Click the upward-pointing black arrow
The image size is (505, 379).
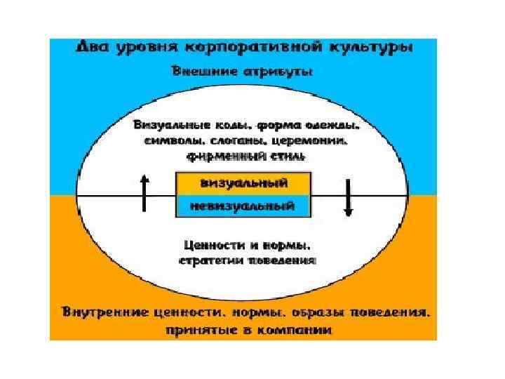coord(144,193)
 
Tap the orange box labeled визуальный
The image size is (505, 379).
coord(243,183)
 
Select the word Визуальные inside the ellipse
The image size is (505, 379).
coord(172,126)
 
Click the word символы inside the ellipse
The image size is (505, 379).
coord(169,142)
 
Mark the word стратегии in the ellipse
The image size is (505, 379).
coord(211,260)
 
